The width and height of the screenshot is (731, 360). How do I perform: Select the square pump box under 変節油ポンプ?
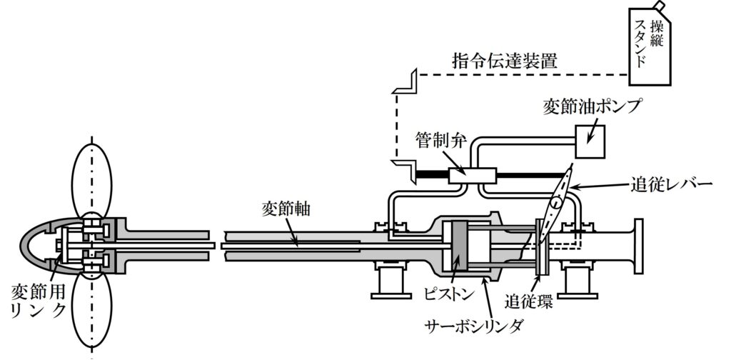point(590,141)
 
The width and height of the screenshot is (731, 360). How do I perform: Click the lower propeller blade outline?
point(94,307)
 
